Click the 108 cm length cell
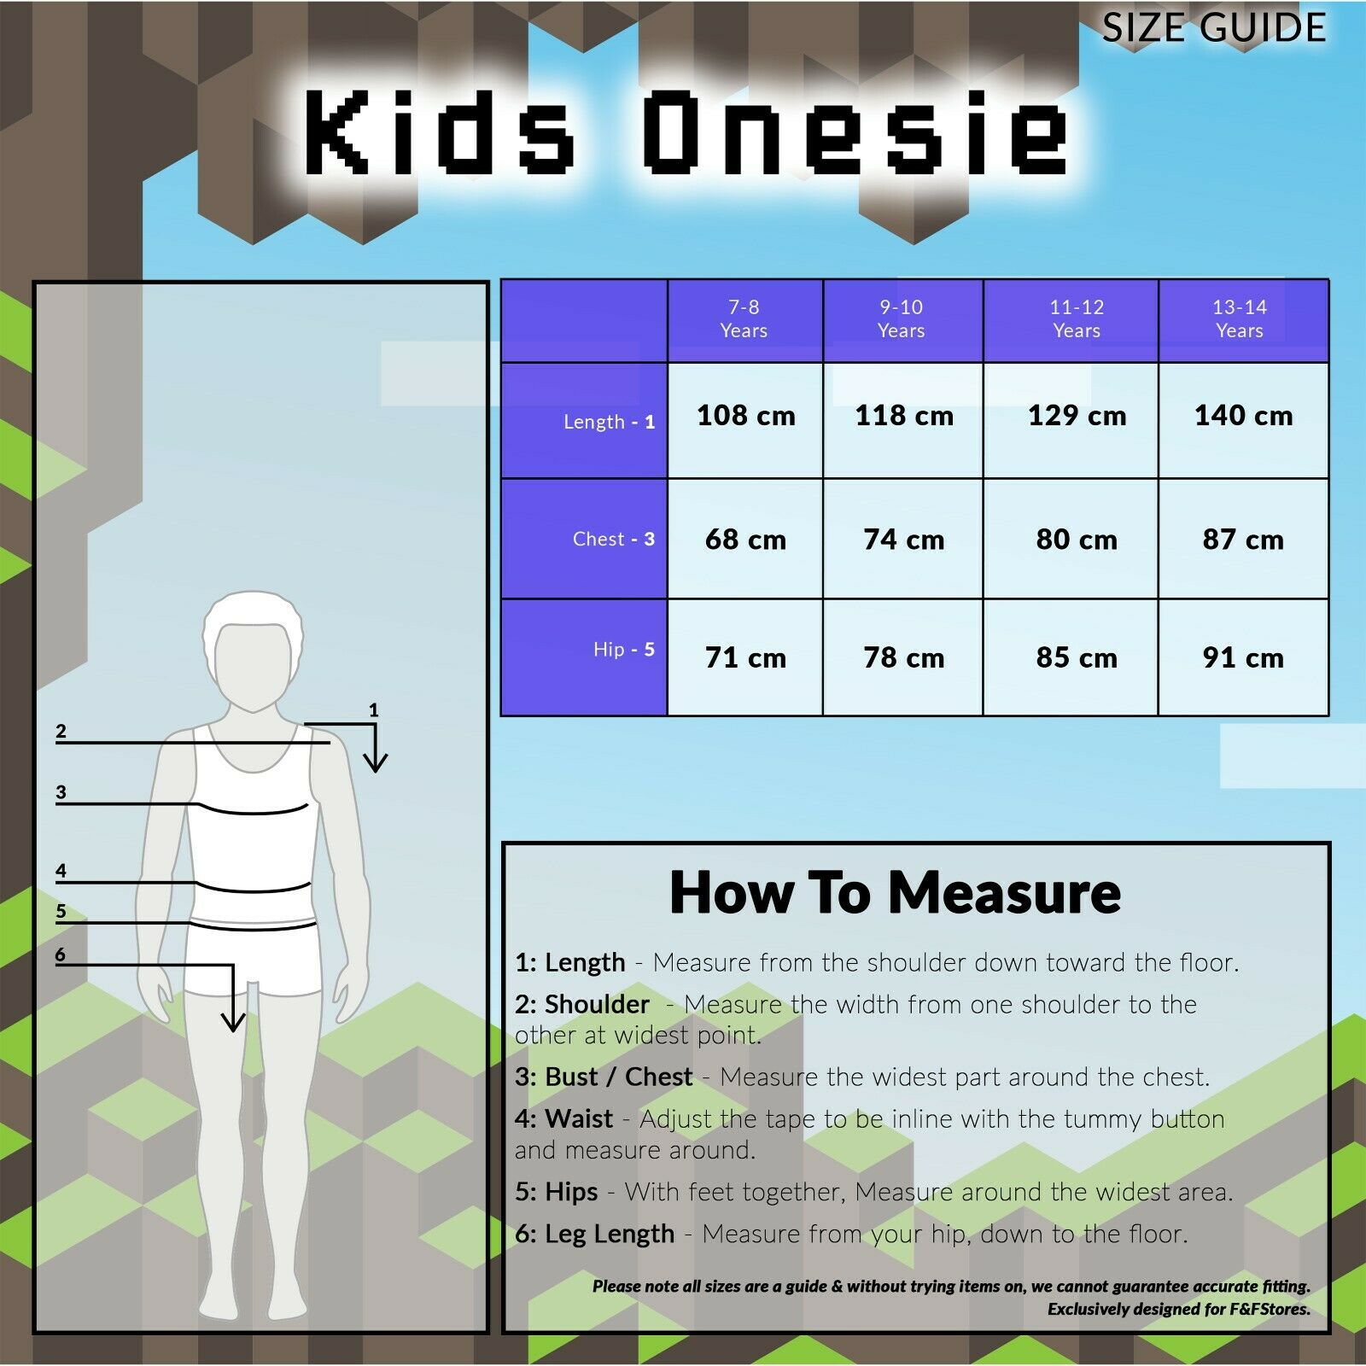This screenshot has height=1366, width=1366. coord(745,416)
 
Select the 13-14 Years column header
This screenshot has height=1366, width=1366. coord(1240,318)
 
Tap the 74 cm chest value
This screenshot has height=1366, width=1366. coord(903,540)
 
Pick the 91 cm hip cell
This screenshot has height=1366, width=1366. coord(1243,657)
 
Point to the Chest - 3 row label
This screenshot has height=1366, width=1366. coord(614,539)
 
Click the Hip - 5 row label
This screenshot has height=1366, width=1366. coord(624,650)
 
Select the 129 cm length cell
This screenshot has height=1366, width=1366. coord(1077,416)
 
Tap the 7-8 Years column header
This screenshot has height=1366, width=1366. coord(744,318)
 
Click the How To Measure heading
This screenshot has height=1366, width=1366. coord(895,893)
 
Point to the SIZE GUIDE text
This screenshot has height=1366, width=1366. coord(1214,27)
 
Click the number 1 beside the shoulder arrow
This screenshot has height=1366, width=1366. coord(373,709)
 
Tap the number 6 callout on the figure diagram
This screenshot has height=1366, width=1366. coord(60,954)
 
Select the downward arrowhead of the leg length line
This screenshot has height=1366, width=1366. coord(233,1021)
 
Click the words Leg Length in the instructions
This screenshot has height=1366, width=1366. coord(610,1235)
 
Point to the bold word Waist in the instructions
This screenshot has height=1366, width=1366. coord(579,1118)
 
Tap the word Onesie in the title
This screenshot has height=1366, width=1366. coord(855,132)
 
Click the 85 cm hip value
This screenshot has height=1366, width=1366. coord(1077,657)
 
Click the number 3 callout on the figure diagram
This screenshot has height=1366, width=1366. coord(61,791)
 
